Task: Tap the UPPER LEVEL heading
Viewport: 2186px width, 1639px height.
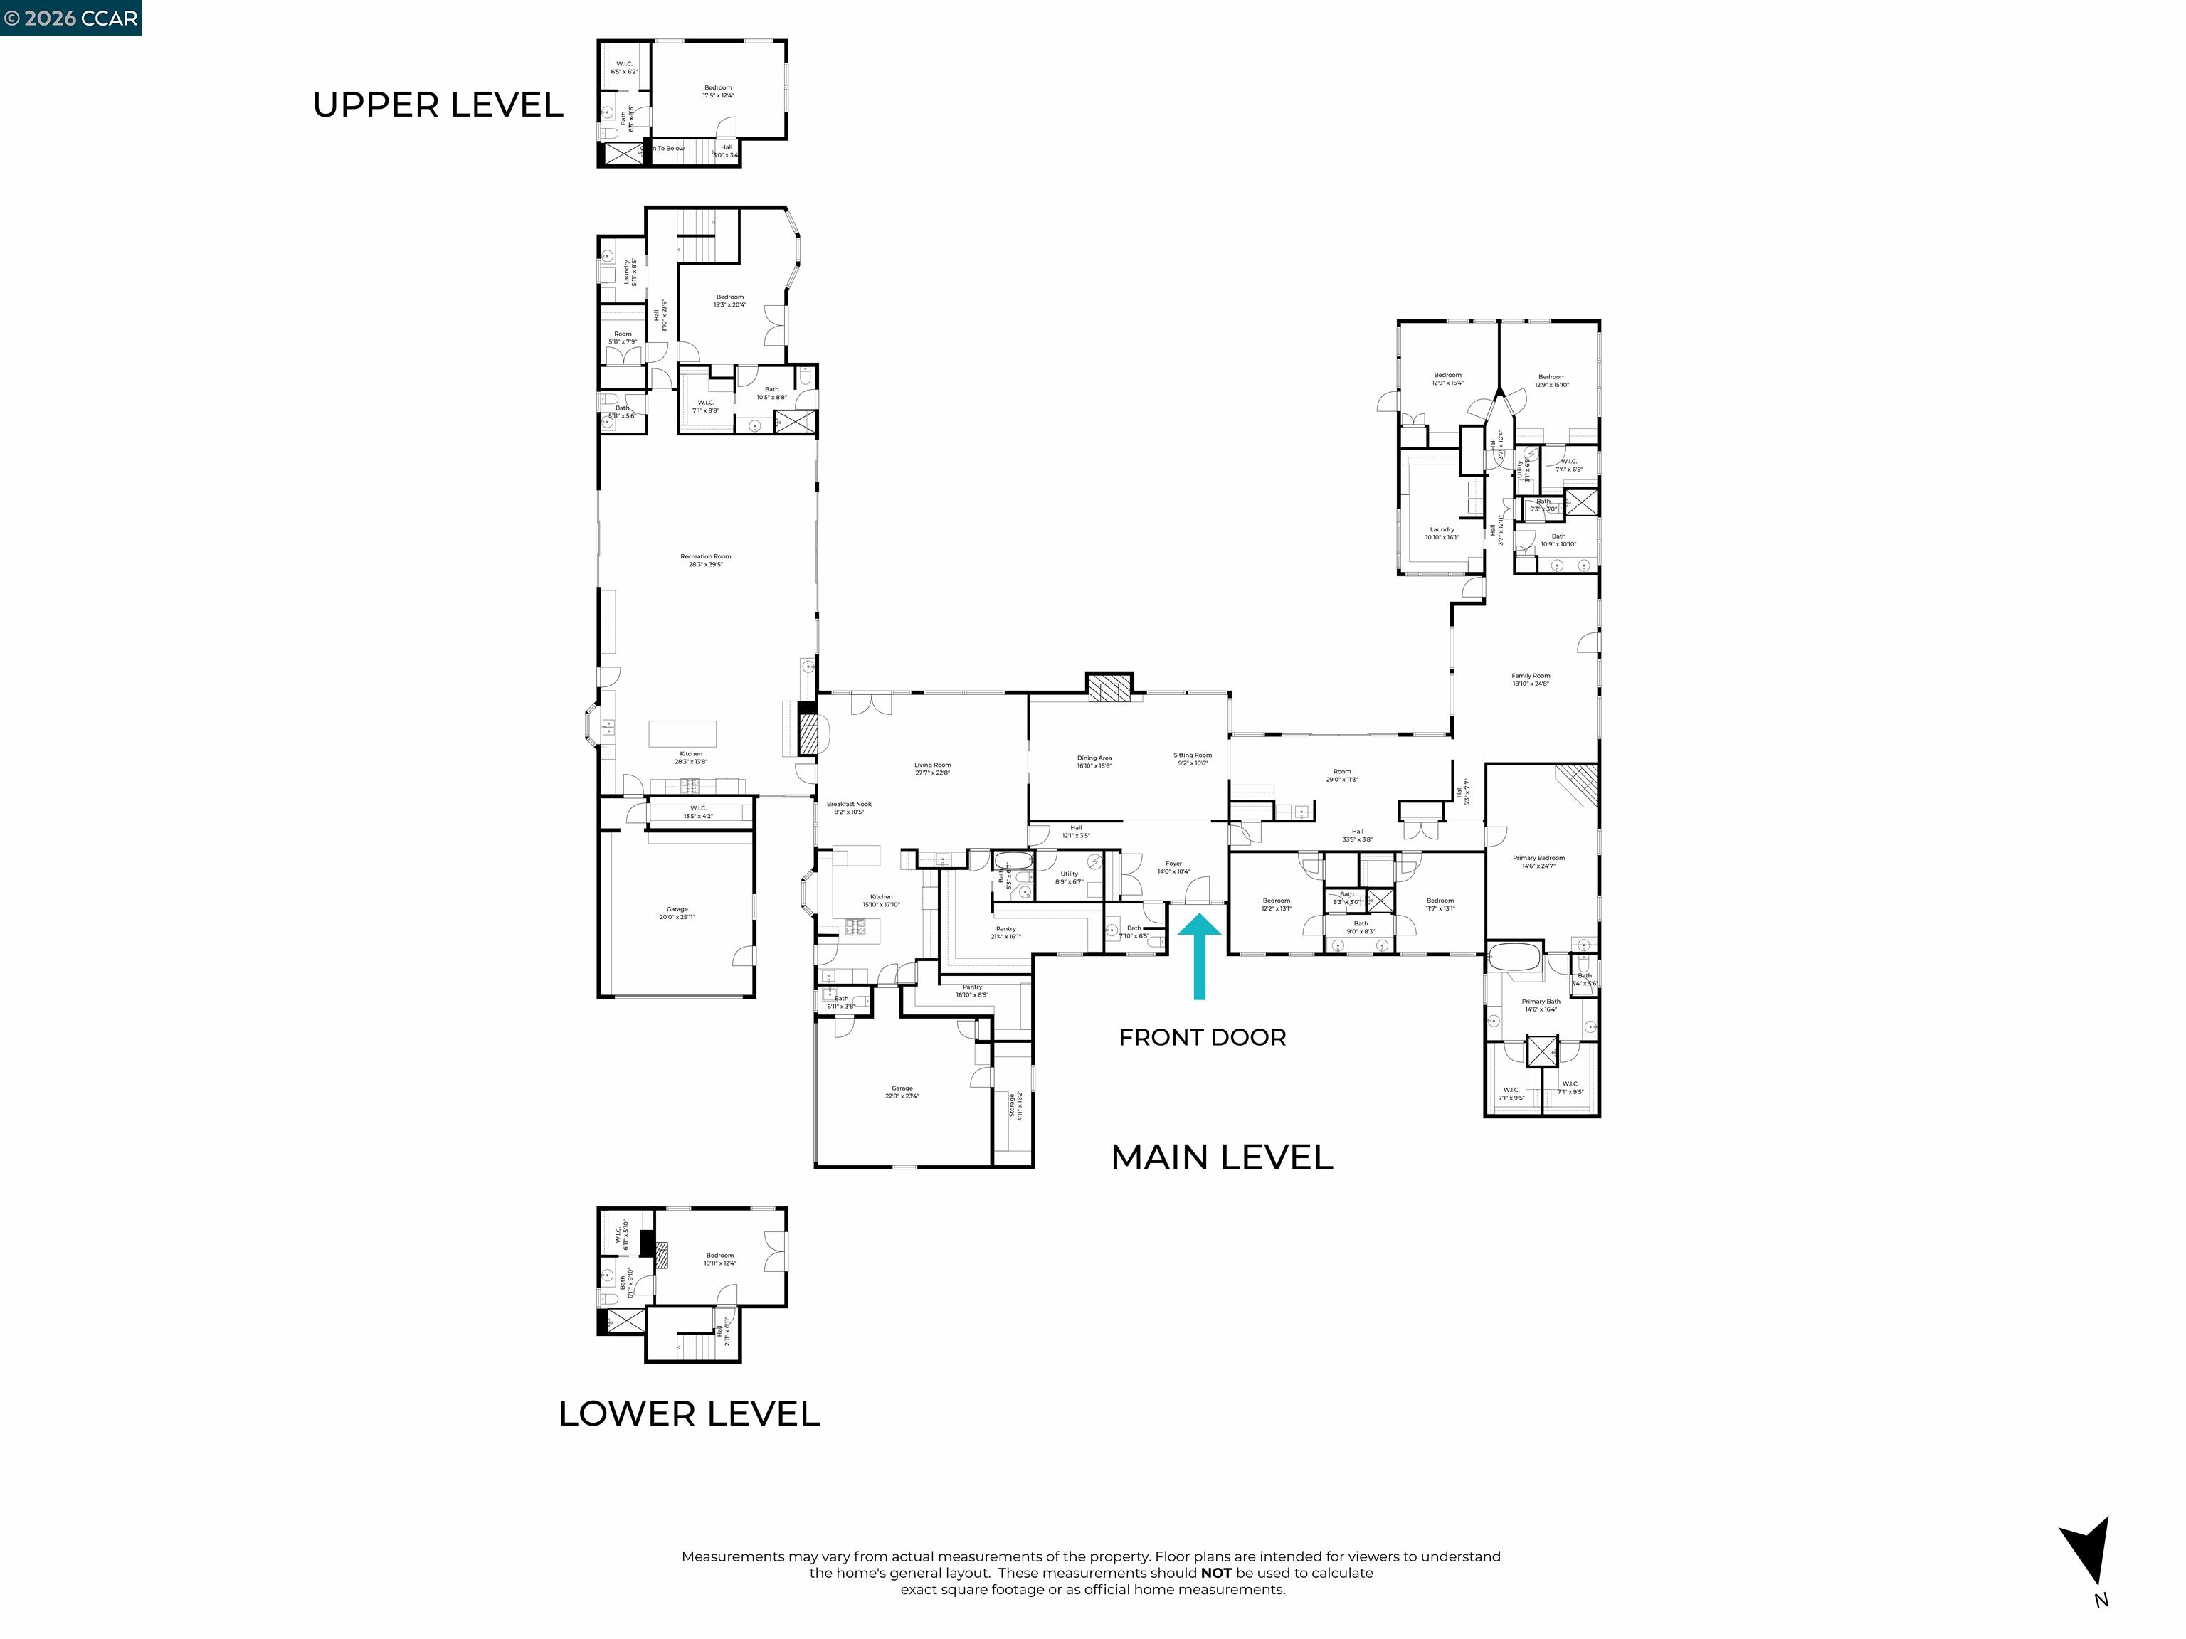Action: pos(438,105)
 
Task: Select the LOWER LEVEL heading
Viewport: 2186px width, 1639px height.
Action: pos(689,1413)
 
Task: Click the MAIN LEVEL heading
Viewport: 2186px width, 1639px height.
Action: pos(1222,1157)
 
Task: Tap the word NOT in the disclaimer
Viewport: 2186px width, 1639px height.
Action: pos(1215,1573)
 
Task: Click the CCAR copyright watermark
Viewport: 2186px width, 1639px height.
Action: pos(70,18)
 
